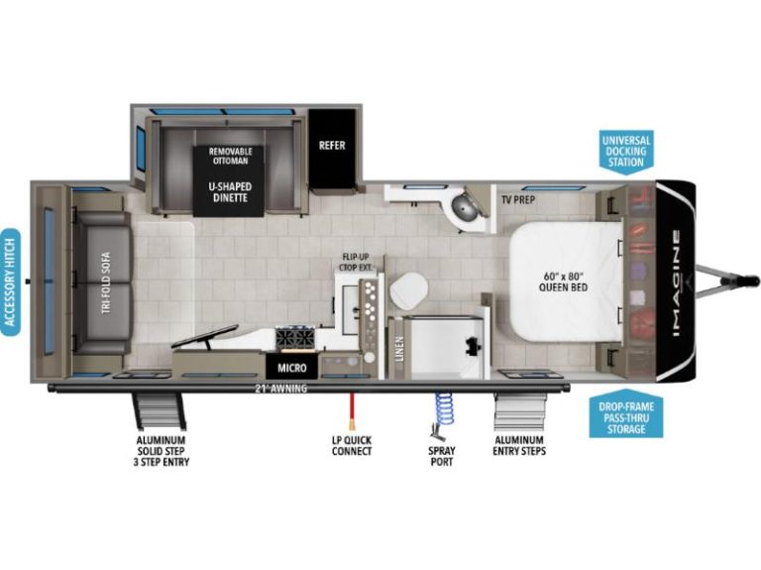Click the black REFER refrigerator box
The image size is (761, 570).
[x=333, y=148]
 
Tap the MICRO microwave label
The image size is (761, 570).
[x=291, y=368]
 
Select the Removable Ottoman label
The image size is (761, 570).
[x=231, y=156]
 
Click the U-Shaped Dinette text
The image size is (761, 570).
[x=230, y=191]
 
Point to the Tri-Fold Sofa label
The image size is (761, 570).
[x=107, y=283]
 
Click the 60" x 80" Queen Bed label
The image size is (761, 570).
[x=563, y=282]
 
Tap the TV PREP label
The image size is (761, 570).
[x=518, y=199]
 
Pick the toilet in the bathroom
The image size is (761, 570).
[x=408, y=289]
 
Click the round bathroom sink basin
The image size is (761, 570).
[x=466, y=206]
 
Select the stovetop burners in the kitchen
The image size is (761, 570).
[x=294, y=337]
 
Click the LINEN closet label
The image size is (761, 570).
[x=399, y=349]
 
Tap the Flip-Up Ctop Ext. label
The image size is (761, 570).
[x=356, y=262]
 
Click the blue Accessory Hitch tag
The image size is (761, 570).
[x=10, y=283]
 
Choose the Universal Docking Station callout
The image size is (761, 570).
[x=626, y=151]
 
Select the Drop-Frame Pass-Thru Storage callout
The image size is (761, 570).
[x=626, y=415]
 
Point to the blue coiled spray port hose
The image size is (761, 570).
[x=443, y=411]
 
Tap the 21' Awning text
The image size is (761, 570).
[x=281, y=389]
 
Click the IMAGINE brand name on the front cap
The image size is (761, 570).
[x=676, y=284]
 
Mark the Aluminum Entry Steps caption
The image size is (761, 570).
[x=519, y=445]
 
